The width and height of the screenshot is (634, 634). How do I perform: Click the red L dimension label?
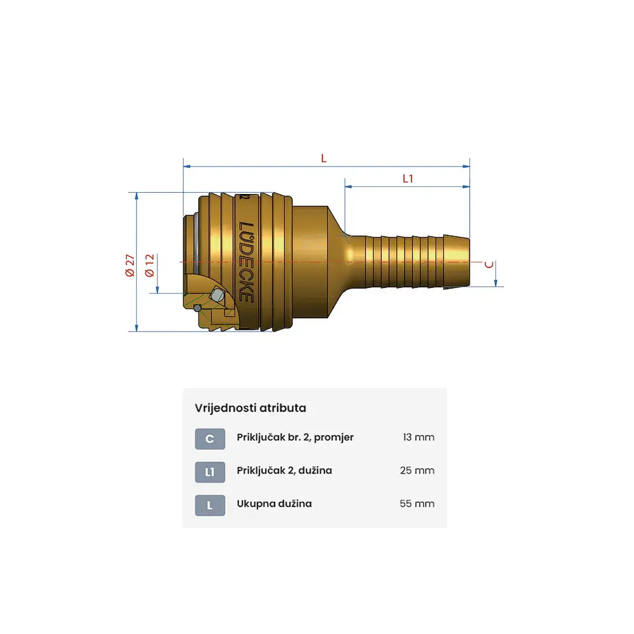click(323, 158)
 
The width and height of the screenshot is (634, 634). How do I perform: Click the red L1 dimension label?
click(408, 179)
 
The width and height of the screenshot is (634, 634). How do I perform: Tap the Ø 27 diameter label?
click(130, 265)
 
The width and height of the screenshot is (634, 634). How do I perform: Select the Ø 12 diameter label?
click(150, 265)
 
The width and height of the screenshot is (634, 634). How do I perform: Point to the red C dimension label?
click(489, 264)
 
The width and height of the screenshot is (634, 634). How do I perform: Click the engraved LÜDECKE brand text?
click(246, 262)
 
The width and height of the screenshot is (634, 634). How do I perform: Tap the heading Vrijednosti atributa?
click(250, 408)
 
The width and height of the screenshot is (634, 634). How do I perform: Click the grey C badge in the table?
click(210, 439)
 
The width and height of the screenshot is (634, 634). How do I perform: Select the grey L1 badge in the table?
click(210, 472)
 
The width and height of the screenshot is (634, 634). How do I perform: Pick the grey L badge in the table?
click(210, 505)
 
